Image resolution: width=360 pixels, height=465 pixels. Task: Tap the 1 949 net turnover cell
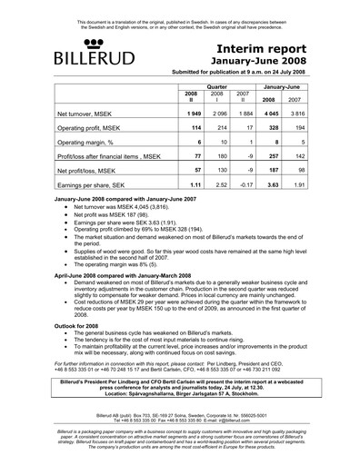[x=191, y=114]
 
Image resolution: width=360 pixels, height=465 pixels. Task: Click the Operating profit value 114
[x=192, y=128]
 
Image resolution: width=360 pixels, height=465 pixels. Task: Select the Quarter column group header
[x=215, y=82]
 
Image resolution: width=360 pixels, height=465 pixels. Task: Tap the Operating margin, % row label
[x=83, y=143]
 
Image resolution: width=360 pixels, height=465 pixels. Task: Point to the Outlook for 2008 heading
[x=83, y=328]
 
